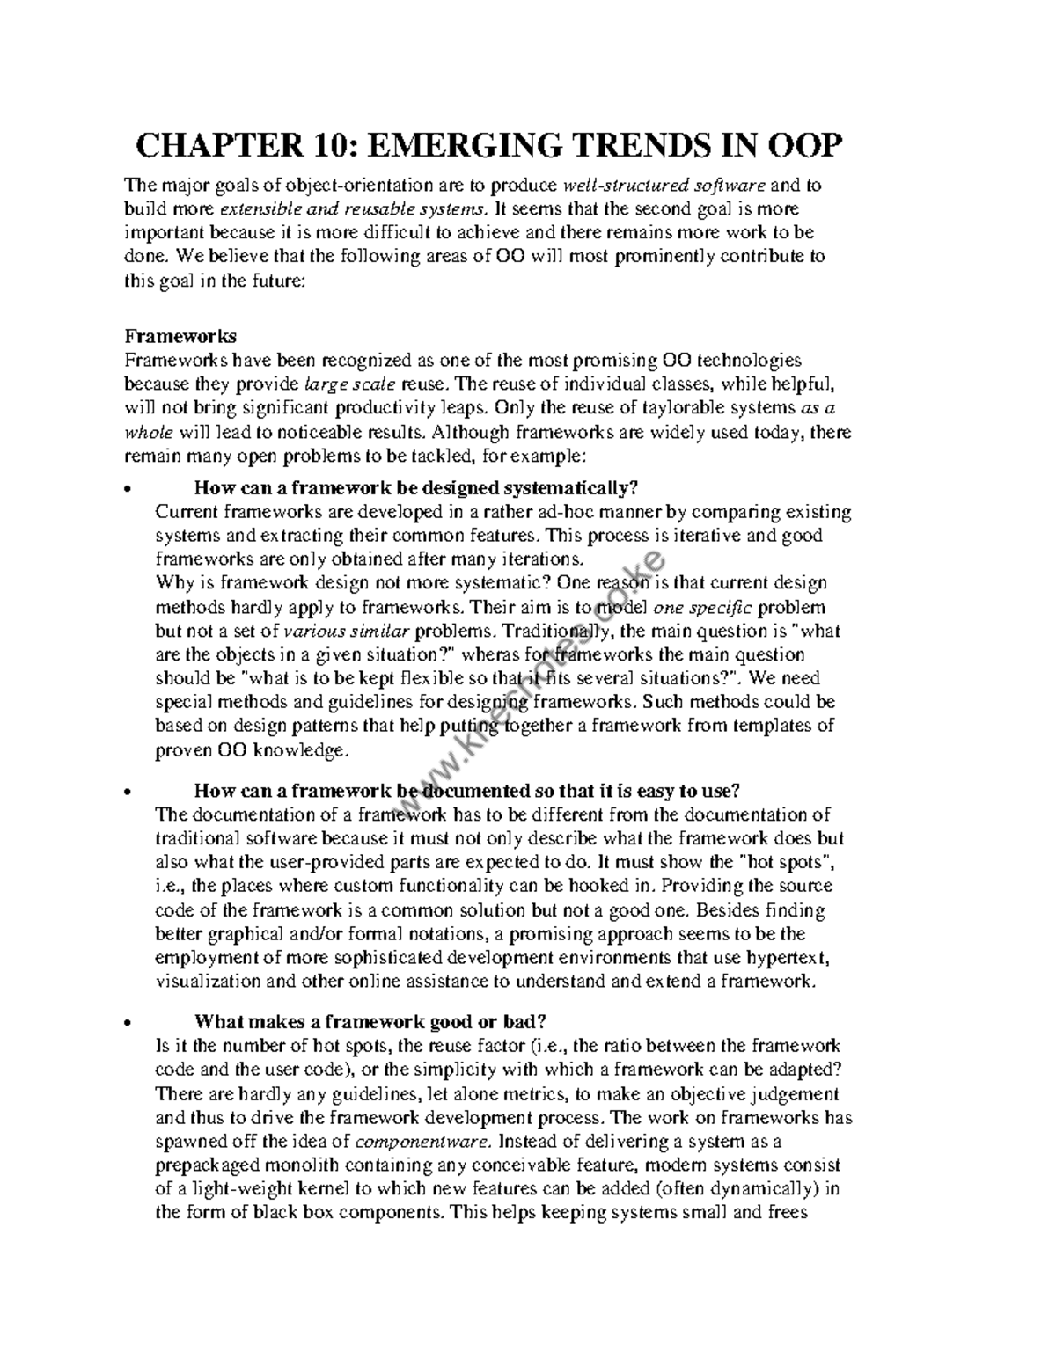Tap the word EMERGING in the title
pyautogui.click(x=456, y=145)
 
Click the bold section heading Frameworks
pyautogui.click(x=180, y=337)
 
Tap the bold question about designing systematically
pyautogui.click(x=414, y=488)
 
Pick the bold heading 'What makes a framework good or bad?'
pyautogui.click(x=370, y=1022)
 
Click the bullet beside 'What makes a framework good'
pyautogui.click(x=129, y=1023)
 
